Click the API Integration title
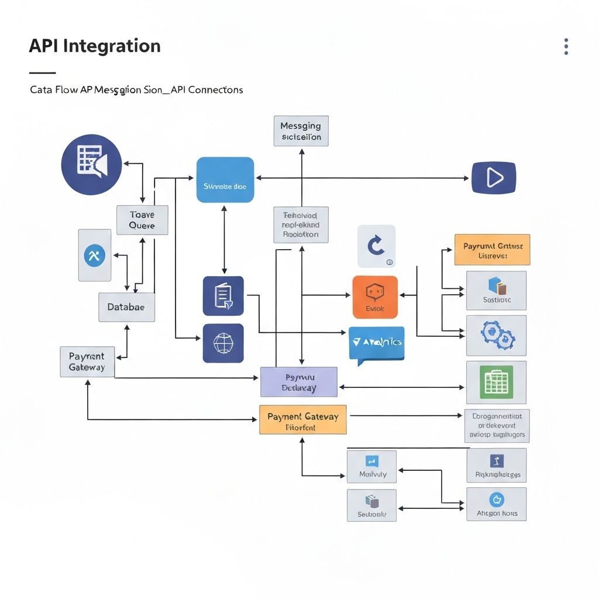95,46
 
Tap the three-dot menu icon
566,47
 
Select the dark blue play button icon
494,177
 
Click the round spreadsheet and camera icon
91,164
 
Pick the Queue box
142,220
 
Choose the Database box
126,307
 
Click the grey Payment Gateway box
87,362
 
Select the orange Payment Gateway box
302,419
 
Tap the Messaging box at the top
301,131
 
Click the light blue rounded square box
225,180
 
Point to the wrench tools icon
94,255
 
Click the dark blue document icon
223,296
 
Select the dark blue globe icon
223,343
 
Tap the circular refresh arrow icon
376,246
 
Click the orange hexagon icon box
375,297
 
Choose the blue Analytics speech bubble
376,343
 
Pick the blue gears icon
496,335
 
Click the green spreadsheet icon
496,382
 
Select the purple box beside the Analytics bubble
298,382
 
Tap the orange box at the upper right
492,250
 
